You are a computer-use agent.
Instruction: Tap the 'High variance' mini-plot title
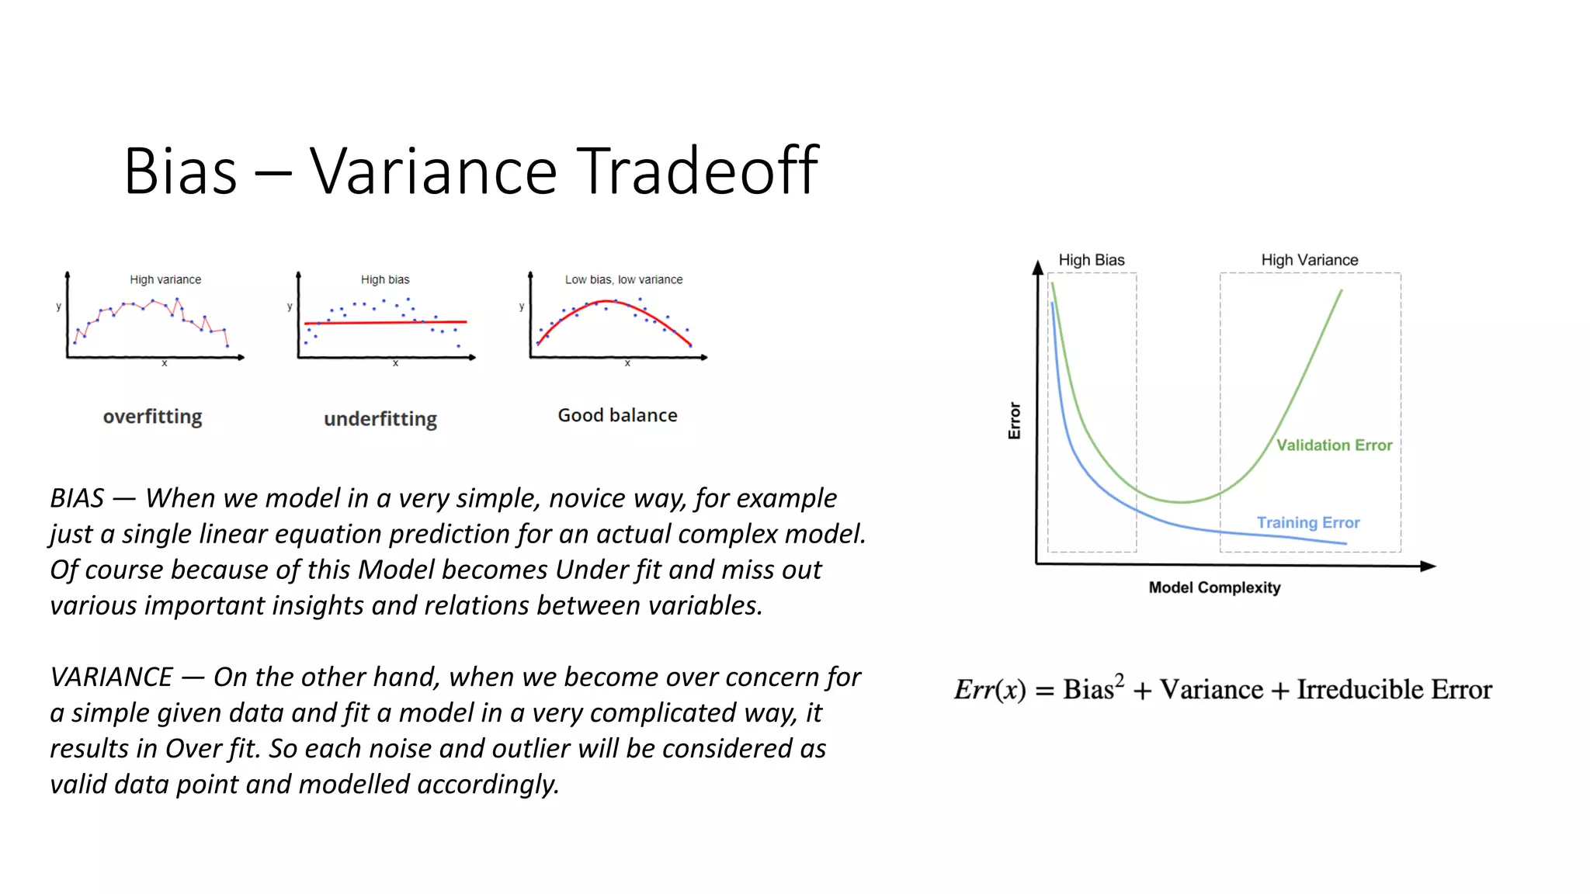165,279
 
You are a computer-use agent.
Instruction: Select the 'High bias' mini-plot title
385,279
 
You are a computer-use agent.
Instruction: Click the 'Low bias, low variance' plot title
623,279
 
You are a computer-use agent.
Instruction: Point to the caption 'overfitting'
152,417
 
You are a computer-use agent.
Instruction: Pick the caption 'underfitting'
380,419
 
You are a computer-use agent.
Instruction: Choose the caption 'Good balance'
617,415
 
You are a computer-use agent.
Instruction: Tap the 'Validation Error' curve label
1334,445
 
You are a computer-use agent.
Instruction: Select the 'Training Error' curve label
1308,523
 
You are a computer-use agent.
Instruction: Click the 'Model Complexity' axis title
1214,587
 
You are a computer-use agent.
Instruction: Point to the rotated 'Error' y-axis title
1014,421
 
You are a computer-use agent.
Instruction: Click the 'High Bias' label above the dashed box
1091,260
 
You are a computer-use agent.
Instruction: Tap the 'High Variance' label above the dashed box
1309,260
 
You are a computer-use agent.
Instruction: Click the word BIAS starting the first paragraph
77,498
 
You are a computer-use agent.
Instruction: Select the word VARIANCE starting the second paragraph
111,677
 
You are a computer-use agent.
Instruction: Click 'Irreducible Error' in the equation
1394,690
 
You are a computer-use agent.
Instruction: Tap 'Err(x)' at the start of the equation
990,690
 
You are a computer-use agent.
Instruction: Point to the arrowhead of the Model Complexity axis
1428,567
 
